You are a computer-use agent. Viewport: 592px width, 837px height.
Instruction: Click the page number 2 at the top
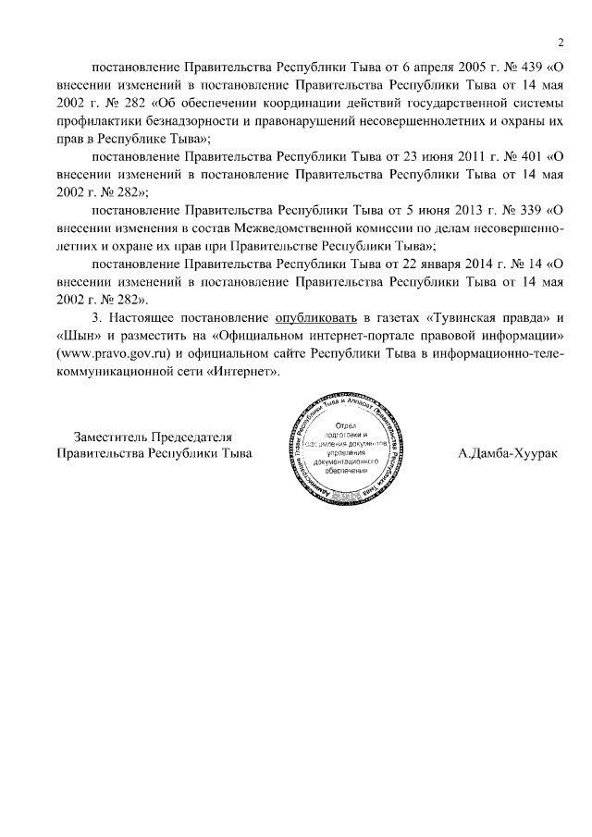pyautogui.click(x=560, y=41)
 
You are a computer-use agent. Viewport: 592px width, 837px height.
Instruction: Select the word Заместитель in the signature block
pyautogui.click(x=113, y=437)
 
